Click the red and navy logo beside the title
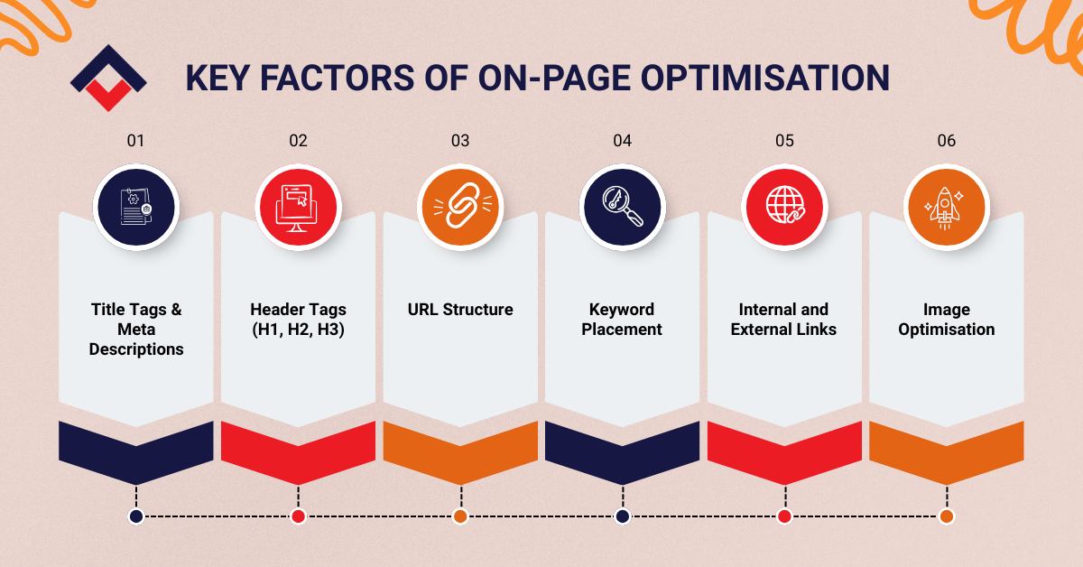[x=107, y=77]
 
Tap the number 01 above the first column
[x=135, y=141]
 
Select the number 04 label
[x=622, y=141]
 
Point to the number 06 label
[x=946, y=141]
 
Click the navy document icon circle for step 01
[x=136, y=207]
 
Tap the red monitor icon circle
[x=298, y=207]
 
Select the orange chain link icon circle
[x=460, y=207]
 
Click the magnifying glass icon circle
[x=622, y=207]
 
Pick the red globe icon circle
[x=784, y=207]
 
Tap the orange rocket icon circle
[x=946, y=207]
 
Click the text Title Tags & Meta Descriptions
[x=136, y=330]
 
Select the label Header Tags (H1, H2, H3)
[x=298, y=320]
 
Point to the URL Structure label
[x=460, y=310]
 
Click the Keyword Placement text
[x=622, y=320]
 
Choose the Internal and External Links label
[x=784, y=320]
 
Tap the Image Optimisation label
[x=946, y=320]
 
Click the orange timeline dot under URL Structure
[x=460, y=516]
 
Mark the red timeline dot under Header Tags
[x=298, y=516]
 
